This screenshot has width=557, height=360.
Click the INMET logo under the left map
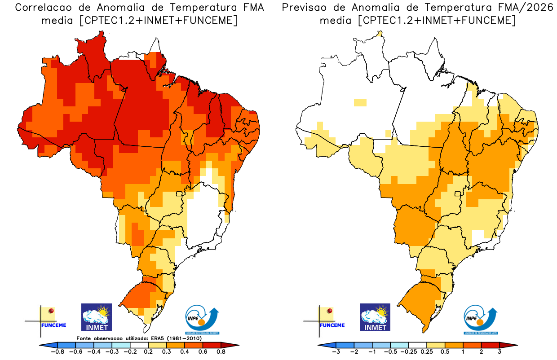(96, 317)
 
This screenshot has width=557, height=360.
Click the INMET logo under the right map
(375, 317)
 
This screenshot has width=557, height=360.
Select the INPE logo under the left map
(202, 320)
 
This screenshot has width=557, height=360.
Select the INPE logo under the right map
(480, 320)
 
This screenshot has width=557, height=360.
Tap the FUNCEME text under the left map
(53, 325)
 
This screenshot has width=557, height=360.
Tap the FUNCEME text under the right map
(332, 325)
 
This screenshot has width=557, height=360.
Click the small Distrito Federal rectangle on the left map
(180, 194)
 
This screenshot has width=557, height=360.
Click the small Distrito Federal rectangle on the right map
(458, 194)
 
